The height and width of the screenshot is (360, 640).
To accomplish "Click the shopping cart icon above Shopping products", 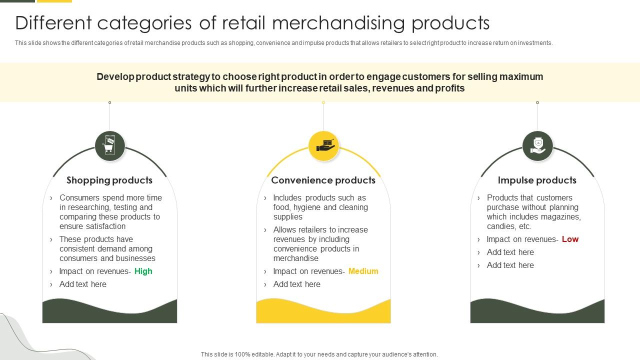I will click(110, 146).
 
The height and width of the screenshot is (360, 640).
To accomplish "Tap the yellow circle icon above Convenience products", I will click(323, 146).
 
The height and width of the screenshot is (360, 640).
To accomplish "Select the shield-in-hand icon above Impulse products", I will click(537, 146).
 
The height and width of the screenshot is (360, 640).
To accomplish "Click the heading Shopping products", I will click(109, 180).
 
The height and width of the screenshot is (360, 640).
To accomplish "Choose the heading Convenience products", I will click(323, 180).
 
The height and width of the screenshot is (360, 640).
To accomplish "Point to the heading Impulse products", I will click(537, 180).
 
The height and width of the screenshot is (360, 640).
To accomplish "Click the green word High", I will click(143, 271).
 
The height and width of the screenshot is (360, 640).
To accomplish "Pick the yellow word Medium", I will click(363, 271).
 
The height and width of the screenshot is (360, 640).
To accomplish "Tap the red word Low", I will click(570, 239).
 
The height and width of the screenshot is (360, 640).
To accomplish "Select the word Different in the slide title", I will click(53, 23).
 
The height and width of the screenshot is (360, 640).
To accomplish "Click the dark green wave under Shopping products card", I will click(109, 312).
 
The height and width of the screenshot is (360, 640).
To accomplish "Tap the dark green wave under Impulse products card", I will click(537, 312).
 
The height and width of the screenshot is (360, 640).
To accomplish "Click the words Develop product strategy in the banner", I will click(153, 77).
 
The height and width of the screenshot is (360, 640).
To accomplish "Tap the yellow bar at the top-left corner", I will click(54, 1).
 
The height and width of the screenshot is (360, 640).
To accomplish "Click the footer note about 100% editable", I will click(319, 354).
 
